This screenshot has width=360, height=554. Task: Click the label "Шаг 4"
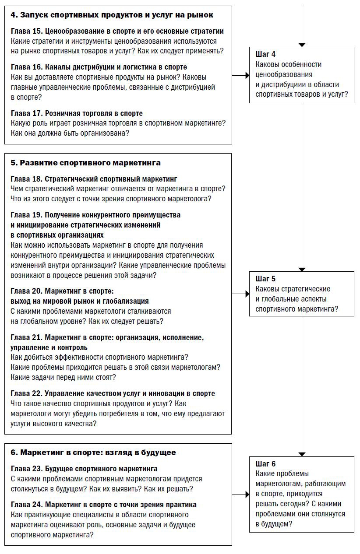(x=265, y=55)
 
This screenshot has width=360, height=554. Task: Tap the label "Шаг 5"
(x=265, y=279)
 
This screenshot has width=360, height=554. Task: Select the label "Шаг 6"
(x=265, y=464)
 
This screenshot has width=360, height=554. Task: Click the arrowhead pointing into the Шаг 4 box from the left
(x=247, y=75)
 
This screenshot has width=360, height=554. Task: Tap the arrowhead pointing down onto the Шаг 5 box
(x=302, y=269)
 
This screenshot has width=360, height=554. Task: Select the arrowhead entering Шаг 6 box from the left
(x=247, y=494)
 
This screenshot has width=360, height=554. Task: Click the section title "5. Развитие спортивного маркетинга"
(x=85, y=163)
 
